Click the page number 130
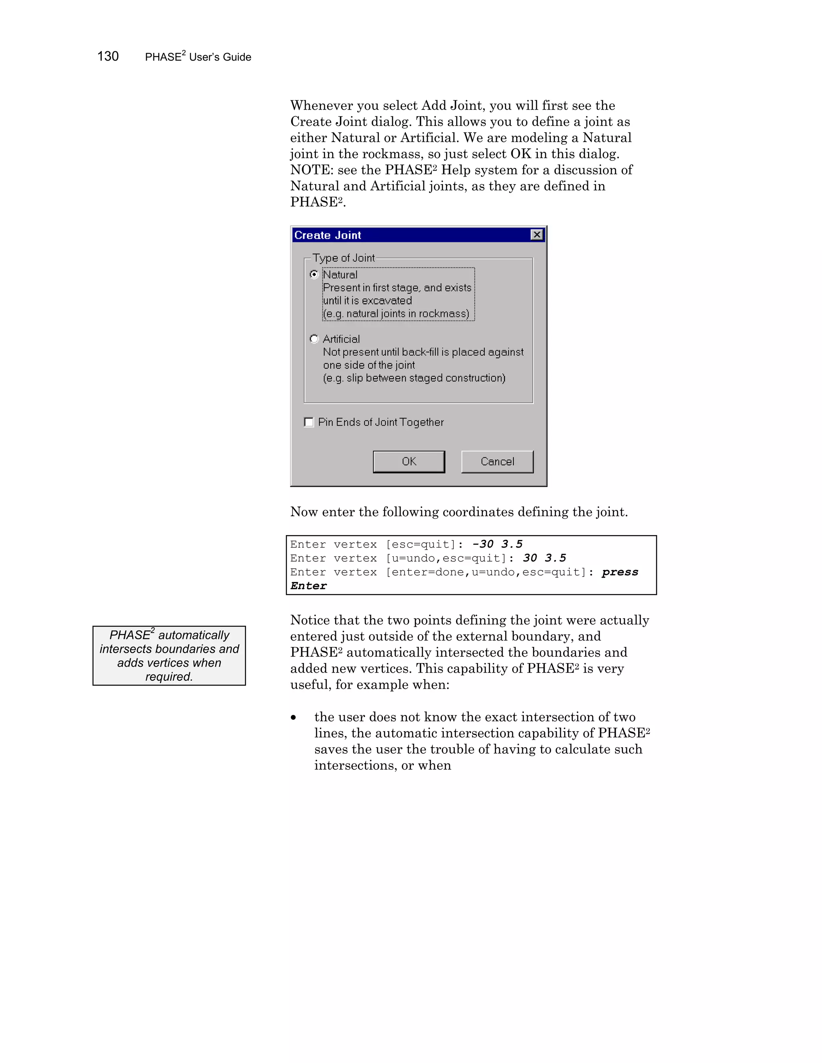click(108, 57)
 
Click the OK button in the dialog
click(409, 461)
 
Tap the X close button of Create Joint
click(537, 235)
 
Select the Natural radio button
click(314, 274)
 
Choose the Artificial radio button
click(314, 339)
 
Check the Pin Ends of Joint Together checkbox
click(309, 422)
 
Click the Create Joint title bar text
click(328, 235)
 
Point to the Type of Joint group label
click(343, 258)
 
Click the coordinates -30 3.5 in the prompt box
click(497, 544)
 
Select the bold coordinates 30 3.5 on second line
click(544, 558)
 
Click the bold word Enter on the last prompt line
click(309, 586)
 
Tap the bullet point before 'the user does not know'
click(293, 718)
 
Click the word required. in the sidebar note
click(169, 677)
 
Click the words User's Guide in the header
click(220, 57)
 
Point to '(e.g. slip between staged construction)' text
click(414, 378)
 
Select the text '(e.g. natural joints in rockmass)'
click(396, 313)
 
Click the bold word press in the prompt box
click(619, 572)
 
